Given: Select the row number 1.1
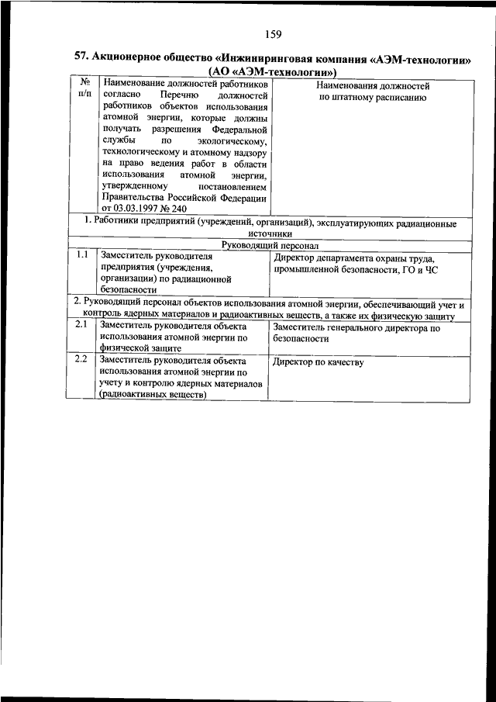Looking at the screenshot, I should [x=81, y=254].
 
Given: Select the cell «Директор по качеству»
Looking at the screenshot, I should [x=319, y=363].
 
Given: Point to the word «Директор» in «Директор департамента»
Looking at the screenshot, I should [x=295, y=258].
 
